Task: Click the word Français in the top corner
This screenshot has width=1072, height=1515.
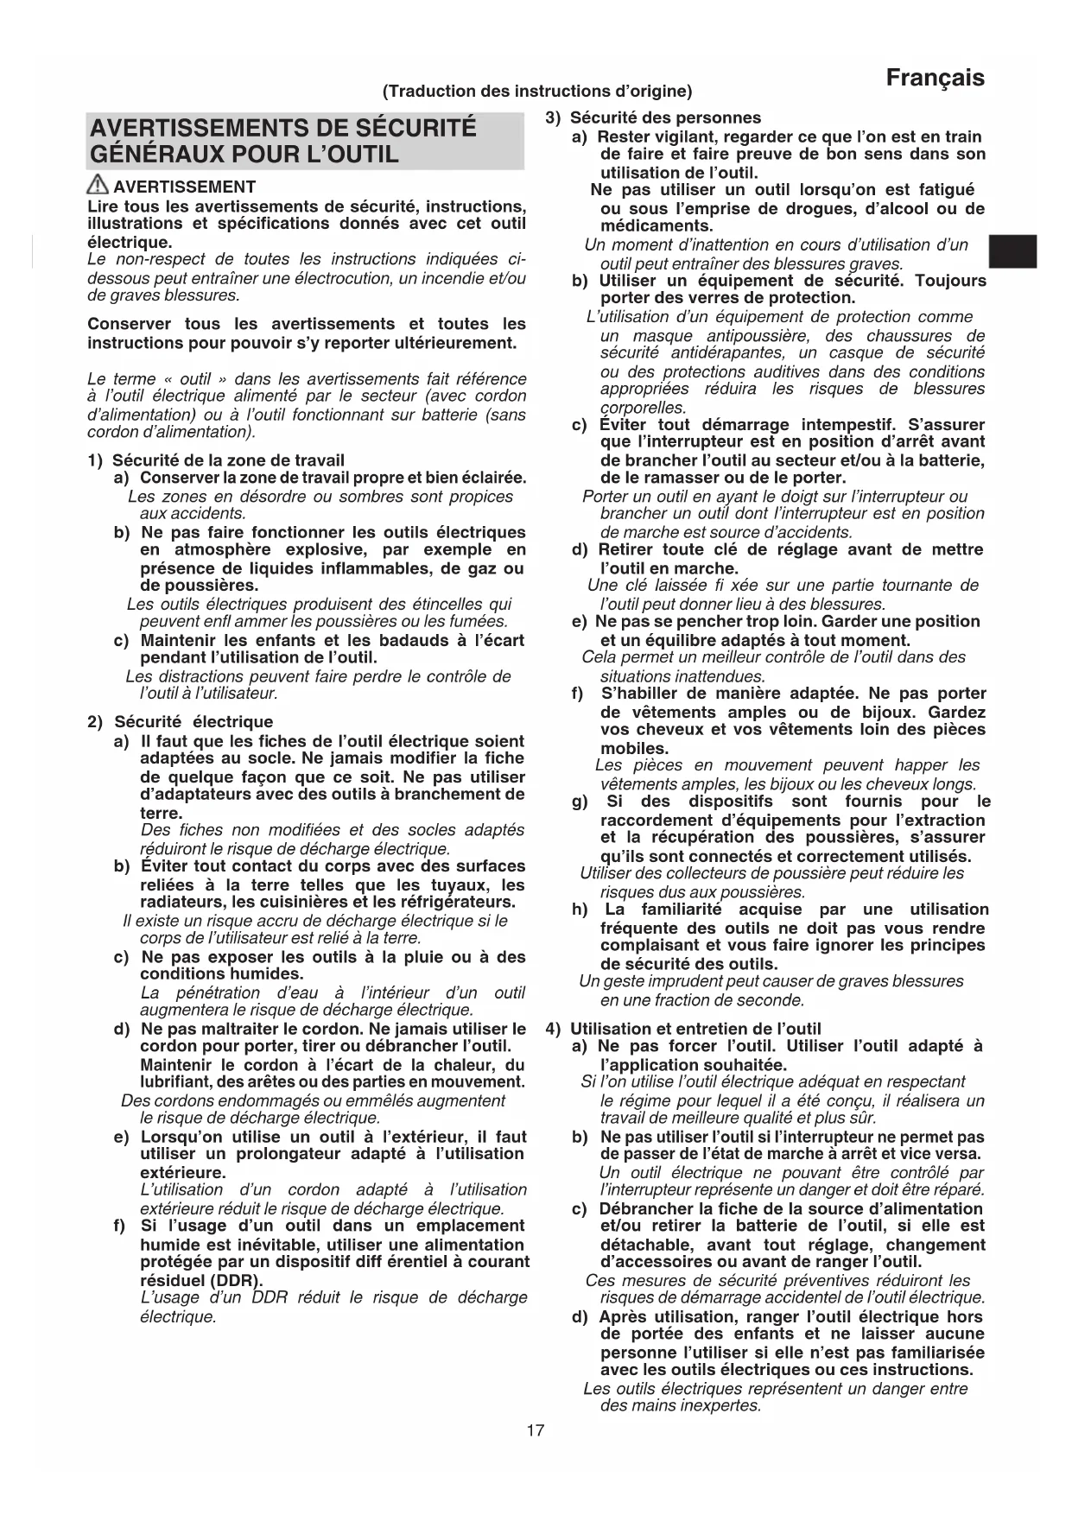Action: [935, 78]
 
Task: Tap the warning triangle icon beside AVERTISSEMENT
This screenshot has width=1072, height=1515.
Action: [98, 185]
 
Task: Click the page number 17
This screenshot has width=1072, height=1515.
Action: [536, 1430]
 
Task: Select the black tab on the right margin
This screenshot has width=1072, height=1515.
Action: [1013, 251]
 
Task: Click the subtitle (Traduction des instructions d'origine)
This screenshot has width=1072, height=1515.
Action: [536, 91]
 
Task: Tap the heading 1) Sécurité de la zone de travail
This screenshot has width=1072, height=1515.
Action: [216, 460]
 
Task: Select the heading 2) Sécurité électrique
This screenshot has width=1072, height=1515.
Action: [181, 721]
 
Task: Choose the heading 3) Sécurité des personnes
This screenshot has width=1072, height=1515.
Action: [653, 117]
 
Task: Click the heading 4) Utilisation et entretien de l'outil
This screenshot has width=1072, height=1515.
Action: [683, 1028]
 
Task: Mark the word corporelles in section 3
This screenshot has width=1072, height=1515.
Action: [643, 408]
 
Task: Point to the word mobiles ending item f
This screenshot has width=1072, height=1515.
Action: [634, 748]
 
